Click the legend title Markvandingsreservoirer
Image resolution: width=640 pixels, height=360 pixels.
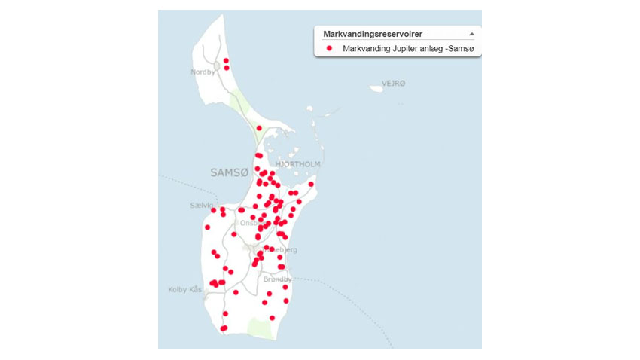(x=372, y=34)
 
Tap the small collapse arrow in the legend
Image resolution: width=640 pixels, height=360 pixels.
(x=471, y=34)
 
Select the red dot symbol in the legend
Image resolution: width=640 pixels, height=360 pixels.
(x=329, y=49)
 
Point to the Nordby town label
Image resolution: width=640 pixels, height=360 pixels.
(x=203, y=72)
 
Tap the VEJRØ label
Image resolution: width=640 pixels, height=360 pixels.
(x=394, y=82)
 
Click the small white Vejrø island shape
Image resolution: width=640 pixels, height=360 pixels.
(x=376, y=88)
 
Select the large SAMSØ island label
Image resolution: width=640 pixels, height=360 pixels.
(x=229, y=172)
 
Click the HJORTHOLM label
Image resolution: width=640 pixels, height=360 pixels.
(x=298, y=164)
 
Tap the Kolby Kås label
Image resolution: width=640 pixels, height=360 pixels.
(x=184, y=289)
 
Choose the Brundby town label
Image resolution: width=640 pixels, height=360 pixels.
(x=277, y=279)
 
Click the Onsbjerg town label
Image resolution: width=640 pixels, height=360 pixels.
(x=250, y=223)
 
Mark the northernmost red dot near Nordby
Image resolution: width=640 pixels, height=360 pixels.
(x=226, y=61)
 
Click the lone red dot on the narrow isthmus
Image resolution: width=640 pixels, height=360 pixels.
(x=259, y=128)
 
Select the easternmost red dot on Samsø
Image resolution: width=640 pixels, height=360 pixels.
(x=311, y=184)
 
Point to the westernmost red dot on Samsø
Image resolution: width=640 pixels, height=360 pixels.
(x=207, y=227)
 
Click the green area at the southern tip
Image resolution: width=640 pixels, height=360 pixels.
(x=261, y=328)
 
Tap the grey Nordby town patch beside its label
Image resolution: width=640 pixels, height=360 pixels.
(x=217, y=66)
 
